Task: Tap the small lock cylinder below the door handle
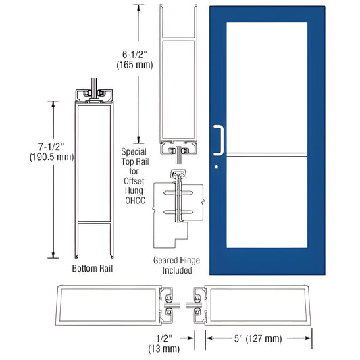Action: (215, 166)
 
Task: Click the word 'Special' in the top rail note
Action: (134, 153)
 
